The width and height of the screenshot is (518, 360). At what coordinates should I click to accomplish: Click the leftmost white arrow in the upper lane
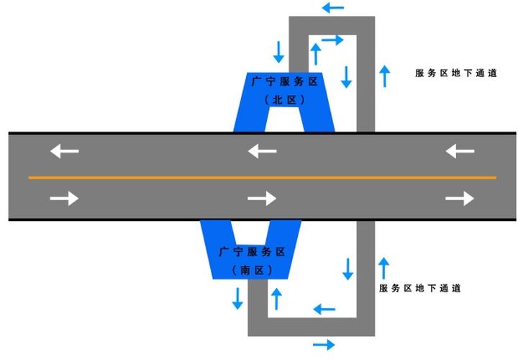(64, 151)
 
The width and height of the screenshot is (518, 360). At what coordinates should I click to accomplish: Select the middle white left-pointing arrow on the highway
(262, 151)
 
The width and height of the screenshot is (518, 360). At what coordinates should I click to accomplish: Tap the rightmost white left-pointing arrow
(460, 151)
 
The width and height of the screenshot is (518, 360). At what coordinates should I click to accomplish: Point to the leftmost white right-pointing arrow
(64, 198)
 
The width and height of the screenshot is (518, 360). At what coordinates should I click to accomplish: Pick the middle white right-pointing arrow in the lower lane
(262, 198)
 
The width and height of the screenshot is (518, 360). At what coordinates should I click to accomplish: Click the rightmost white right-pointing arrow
(460, 198)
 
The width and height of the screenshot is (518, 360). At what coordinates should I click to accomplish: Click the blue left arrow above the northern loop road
(332, 9)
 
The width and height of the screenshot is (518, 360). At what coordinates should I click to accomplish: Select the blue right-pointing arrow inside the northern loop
(333, 40)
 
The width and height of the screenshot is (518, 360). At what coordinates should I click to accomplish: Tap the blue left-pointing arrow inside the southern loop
(324, 310)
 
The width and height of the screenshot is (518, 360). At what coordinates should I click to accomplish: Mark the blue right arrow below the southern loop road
(324, 344)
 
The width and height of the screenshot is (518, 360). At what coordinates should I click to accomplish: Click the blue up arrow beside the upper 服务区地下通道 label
(385, 76)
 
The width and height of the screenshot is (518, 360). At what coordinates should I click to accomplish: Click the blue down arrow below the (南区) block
(237, 297)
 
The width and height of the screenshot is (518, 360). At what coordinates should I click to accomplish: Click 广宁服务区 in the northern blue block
(284, 82)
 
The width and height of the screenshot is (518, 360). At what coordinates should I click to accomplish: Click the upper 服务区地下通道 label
(456, 73)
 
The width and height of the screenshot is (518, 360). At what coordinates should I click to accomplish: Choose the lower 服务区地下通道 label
(419, 288)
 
